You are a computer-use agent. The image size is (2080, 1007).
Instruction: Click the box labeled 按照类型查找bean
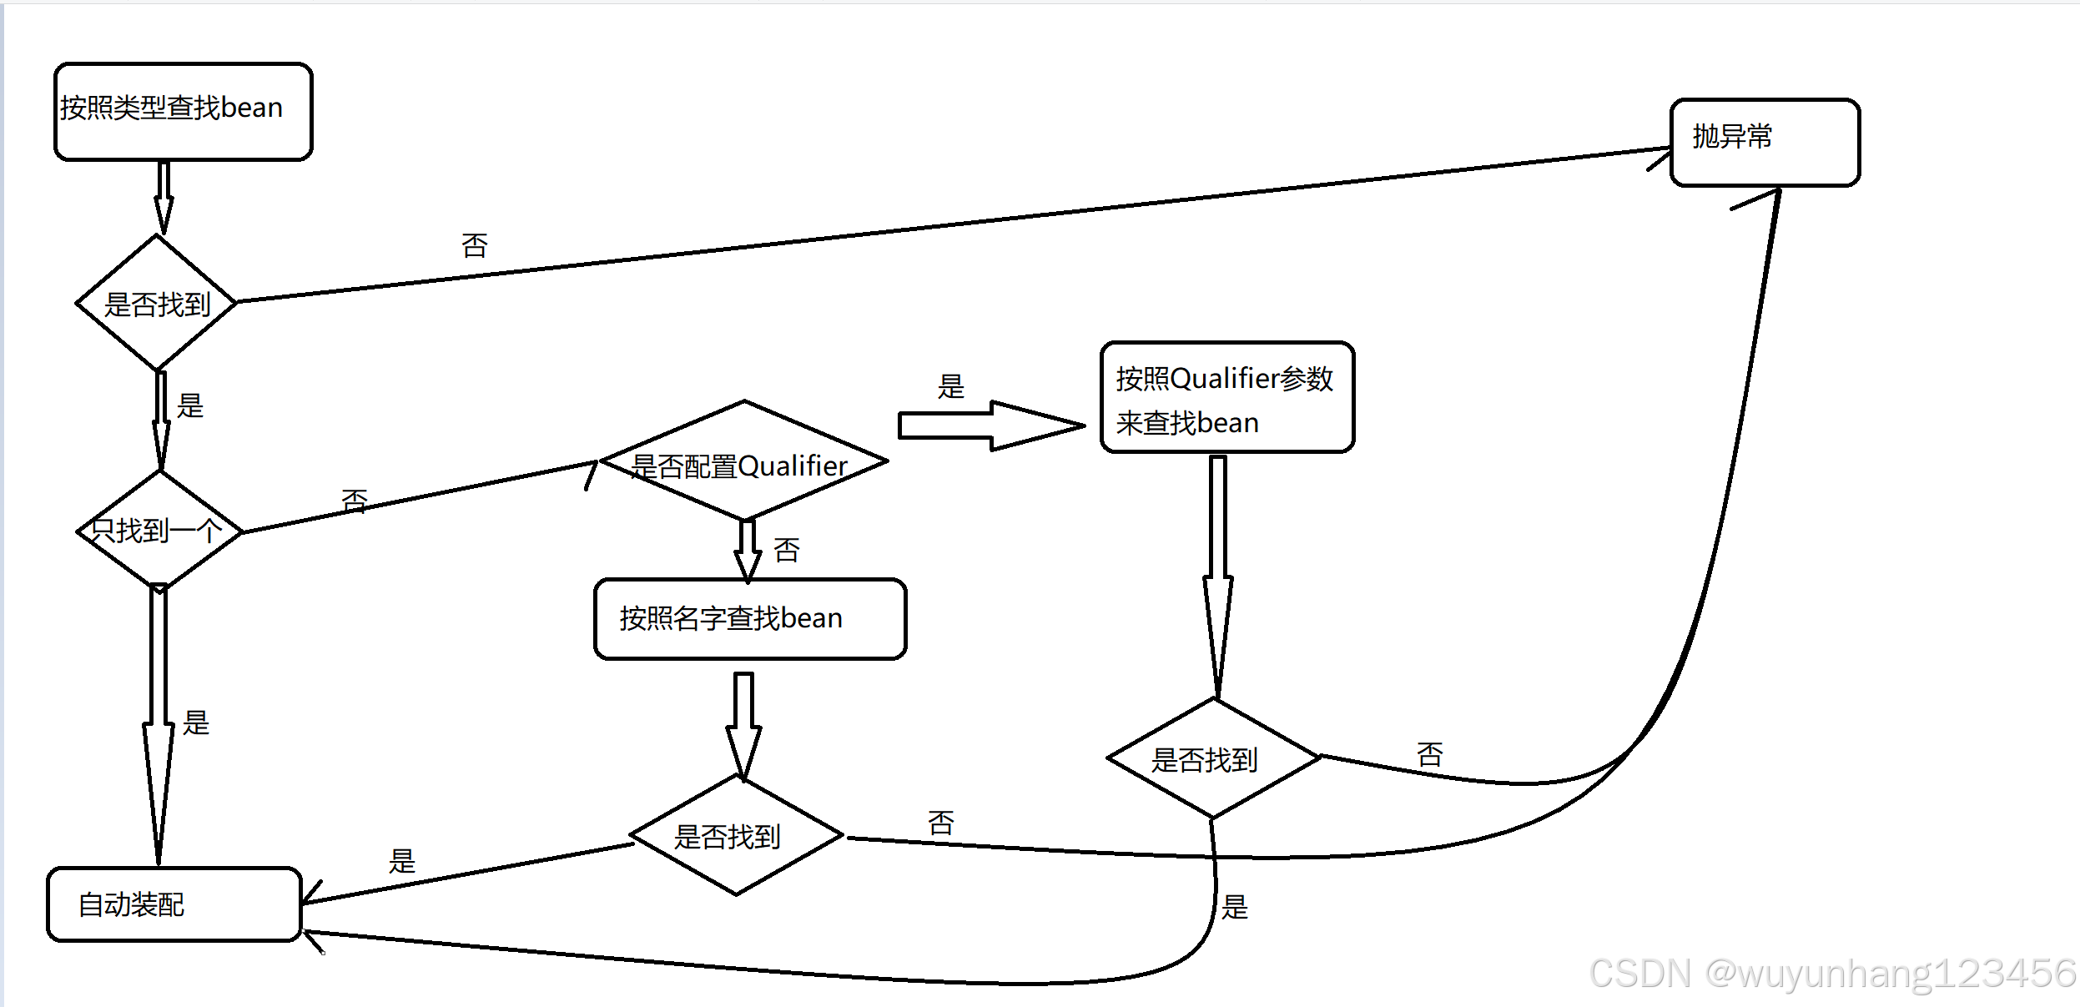tap(183, 111)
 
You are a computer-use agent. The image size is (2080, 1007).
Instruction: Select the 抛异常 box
tap(1765, 142)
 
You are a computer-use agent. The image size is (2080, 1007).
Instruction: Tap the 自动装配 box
tap(174, 904)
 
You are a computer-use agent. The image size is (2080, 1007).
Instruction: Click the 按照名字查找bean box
tap(749, 618)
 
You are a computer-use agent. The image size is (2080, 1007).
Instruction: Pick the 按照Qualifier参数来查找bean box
tap(1226, 398)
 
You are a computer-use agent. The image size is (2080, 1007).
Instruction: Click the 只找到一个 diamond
tap(159, 530)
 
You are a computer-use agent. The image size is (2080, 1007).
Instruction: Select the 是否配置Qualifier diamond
tap(743, 461)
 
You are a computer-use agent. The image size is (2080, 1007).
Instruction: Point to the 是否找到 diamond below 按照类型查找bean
tap(157, 303)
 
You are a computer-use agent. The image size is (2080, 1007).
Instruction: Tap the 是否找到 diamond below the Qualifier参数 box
tap(1213, 758)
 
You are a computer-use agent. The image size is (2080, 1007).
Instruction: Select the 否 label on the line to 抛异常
tap(474, 246)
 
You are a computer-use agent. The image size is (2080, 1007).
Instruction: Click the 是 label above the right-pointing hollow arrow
tap(950, 386)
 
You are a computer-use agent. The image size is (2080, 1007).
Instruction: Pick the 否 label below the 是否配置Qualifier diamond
tap(786, 551)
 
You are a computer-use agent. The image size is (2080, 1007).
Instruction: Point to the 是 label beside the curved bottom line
tap(1234, 907)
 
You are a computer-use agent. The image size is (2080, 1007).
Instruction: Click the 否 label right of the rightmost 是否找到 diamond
tap(1429, 755)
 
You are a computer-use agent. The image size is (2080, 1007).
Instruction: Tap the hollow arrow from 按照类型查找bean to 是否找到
tap(164, 196)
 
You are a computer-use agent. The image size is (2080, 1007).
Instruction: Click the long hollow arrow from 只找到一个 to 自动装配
tap(159, 726)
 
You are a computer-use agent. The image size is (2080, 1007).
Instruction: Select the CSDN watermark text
tap(1831, 973)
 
